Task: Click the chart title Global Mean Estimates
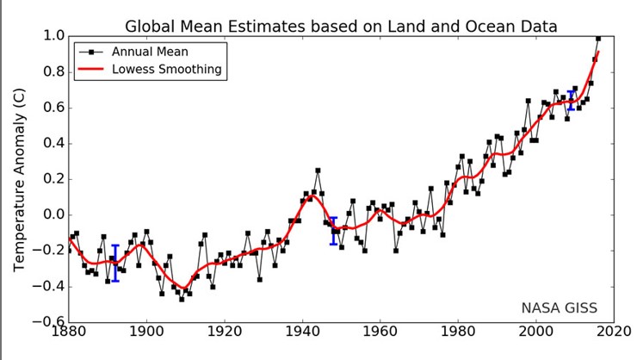pos(341,27)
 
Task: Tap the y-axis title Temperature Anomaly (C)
pos(19,179)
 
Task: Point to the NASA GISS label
pos(559,307)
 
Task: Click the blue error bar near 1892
pos(115,263)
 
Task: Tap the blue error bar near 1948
pos(334,231)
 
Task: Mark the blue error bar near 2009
pos(571,101)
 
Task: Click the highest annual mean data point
pos(598,38)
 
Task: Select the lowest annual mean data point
pos(182,299)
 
